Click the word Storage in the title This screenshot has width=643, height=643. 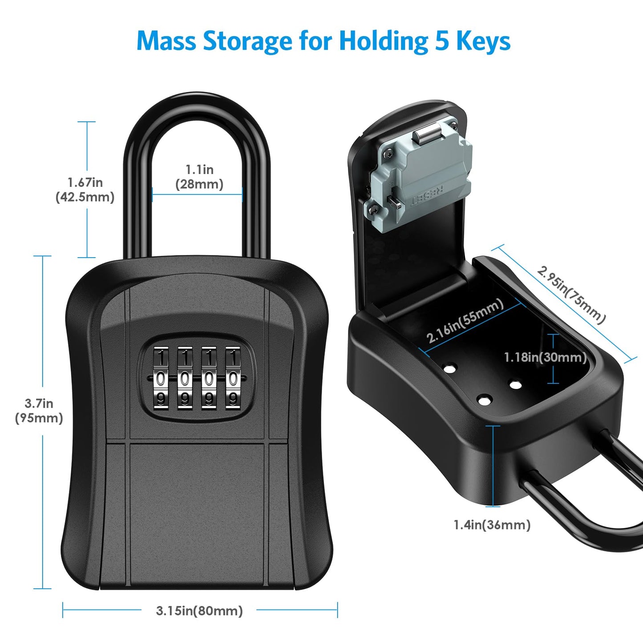pos(247,41)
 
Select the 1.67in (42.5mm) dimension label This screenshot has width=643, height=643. pos(85,190)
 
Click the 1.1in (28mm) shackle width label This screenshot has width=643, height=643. pos(199,177)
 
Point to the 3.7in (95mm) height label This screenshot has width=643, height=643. pos(39,411)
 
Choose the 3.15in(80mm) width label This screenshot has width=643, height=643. pos(199,611)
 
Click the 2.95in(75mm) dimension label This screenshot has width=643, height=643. pos(571,295)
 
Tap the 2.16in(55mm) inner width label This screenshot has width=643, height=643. pos(465,320)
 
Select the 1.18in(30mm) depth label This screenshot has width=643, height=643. pos(545,357)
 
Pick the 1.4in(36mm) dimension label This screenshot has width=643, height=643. pos(492,525)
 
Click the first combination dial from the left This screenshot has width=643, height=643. pos(161,378)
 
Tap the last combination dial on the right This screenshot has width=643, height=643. pos(232,378)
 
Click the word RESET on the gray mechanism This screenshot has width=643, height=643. pos(427,196)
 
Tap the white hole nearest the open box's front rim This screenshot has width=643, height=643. pos(484,400)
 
